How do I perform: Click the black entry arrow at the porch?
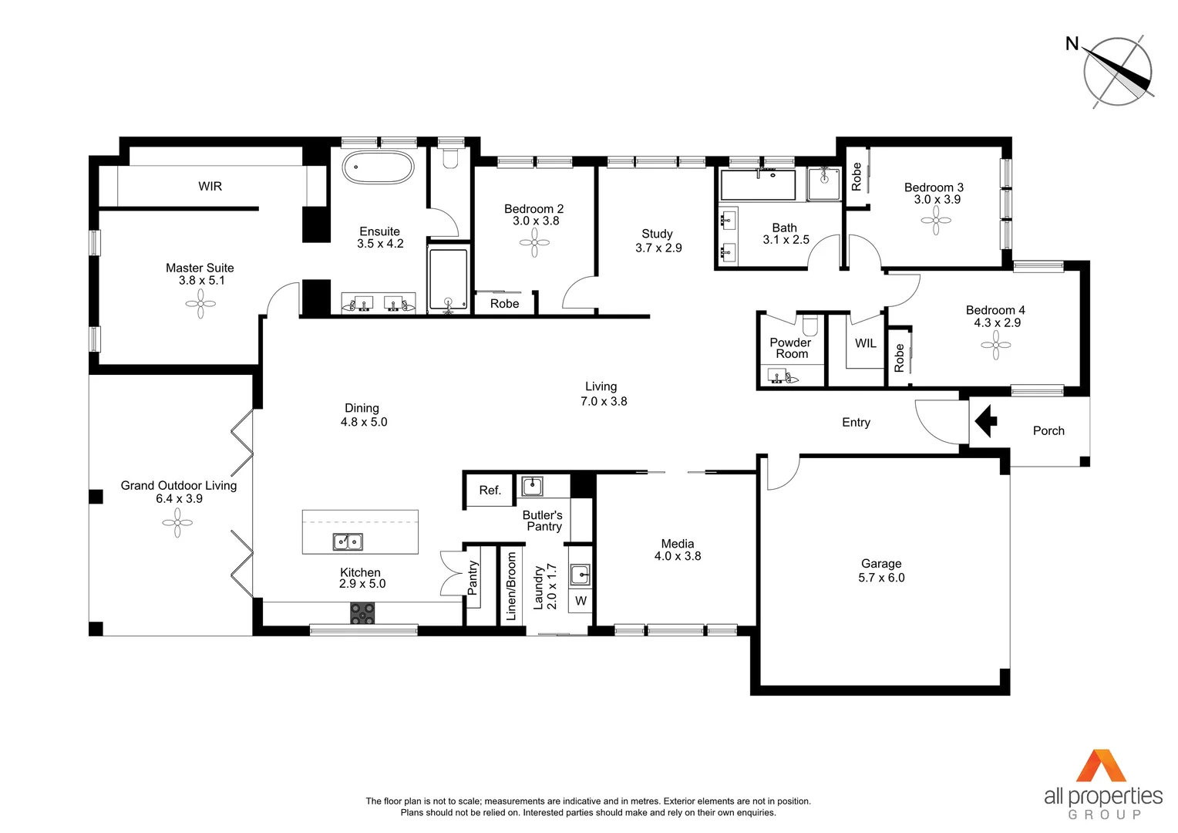tap(986, 422)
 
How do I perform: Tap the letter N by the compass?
tap(1072, 44)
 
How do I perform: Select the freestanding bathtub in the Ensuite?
tap(378, 167)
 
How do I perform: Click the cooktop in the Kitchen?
tap(362, 613)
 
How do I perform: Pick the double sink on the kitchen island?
tap(348, 542)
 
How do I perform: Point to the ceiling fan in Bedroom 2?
tap(534, 243)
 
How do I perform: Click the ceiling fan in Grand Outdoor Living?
tap(177, 523)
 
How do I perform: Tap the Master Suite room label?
tap(200, 268)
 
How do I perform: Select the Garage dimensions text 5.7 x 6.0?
tap(881, 578)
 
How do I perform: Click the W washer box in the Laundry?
tap(581, 601)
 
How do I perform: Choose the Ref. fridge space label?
tap(490, 490)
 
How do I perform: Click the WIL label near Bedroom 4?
tap(865, 343)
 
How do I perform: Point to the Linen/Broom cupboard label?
tap(510, 587)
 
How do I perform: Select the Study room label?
tap(657, 234)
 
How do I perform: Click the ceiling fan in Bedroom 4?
tap(995, 345)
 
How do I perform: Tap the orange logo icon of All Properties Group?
tap(1102, 766)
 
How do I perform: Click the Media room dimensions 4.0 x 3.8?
tap(678, 556)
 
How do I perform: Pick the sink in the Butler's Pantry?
tap(532, 486)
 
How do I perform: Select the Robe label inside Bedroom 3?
tap(856, 177)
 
